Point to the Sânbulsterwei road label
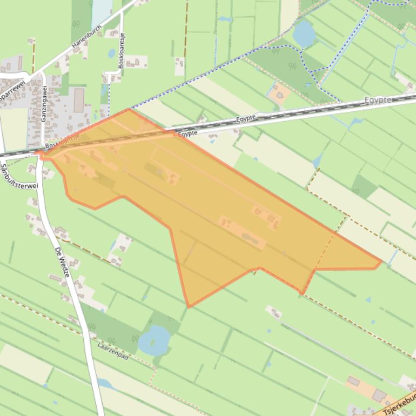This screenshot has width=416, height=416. pos(19,171)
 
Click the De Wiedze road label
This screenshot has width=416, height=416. pos(63,262)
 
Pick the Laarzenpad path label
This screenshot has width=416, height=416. pos(113,351)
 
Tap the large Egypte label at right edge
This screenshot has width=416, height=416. pos(378,100)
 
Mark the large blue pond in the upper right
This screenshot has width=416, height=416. pos(304,33)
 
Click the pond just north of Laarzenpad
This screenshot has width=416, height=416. pos(153,340)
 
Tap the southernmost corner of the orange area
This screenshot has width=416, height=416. pos(189,307)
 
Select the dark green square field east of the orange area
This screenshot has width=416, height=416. pos(364,187)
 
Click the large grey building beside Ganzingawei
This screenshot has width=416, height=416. pos(79,100)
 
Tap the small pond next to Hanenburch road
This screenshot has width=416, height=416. pos(111,53)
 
